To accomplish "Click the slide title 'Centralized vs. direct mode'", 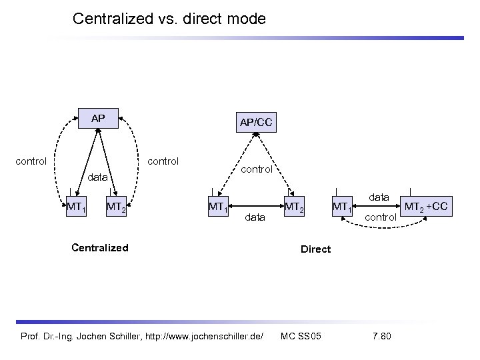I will (x=169, y=19).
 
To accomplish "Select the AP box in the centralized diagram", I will (x=98, y=119).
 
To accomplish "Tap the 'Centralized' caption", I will (x=99, y=248).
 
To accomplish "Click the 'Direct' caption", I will (x=315, y=249).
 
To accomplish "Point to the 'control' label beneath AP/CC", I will (x=257, y=169).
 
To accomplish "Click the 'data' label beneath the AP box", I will (x=98, y=177).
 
